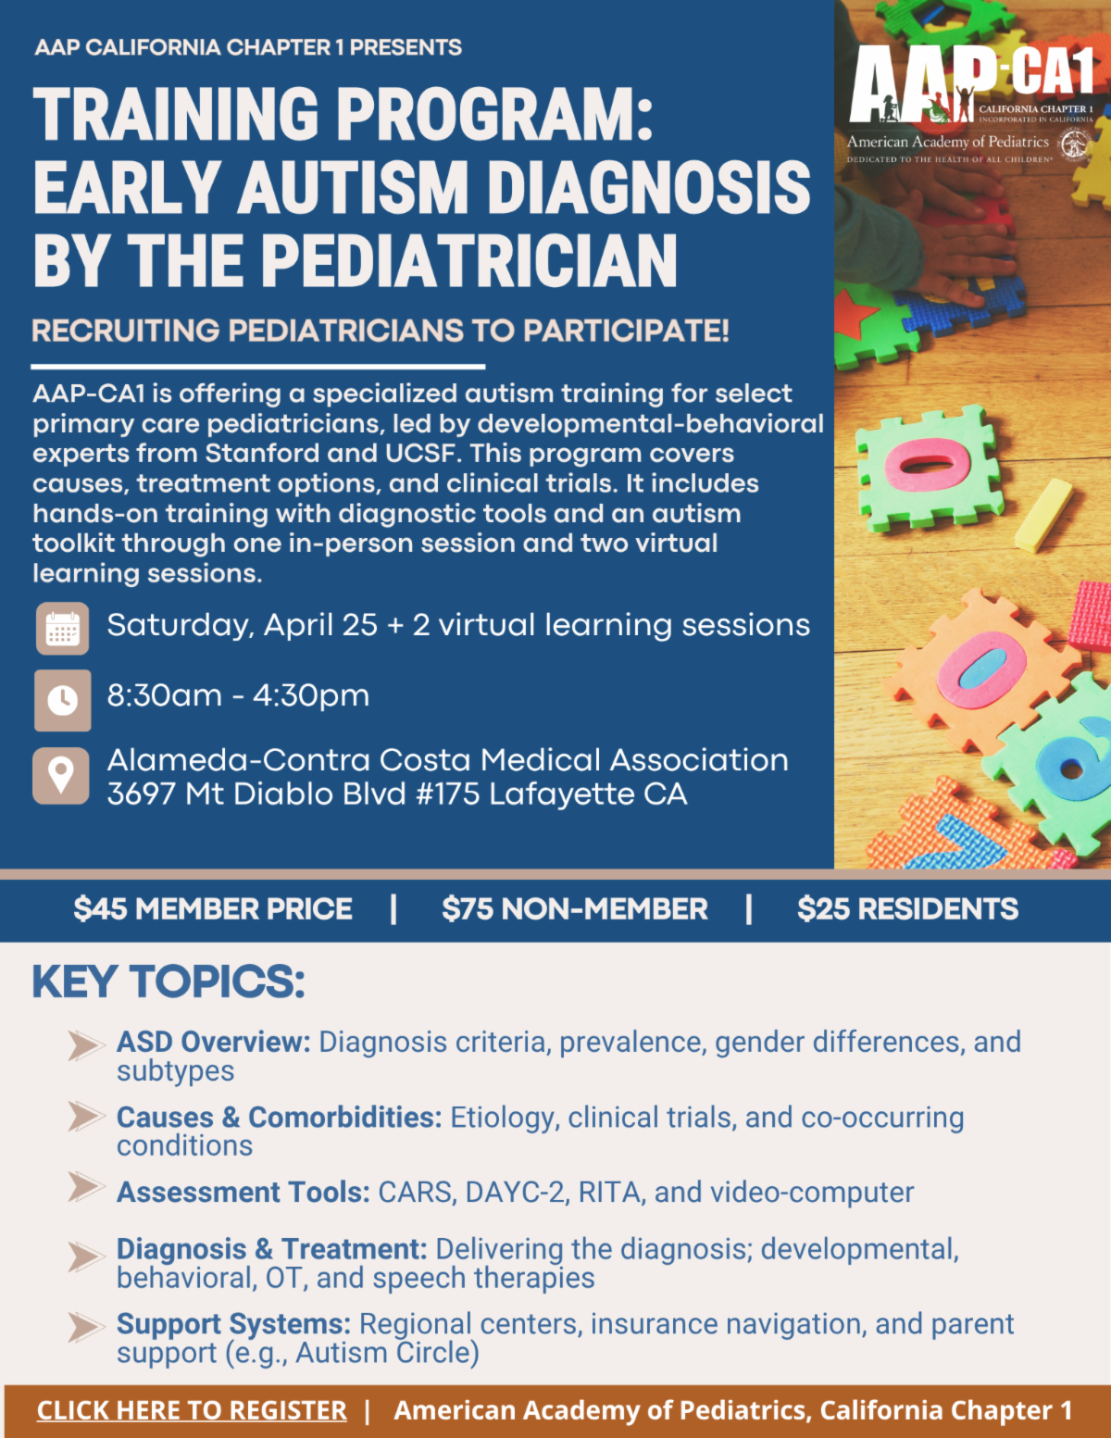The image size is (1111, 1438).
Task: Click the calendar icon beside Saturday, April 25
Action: click(x=62, y=628)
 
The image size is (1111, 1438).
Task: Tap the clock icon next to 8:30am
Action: click(x=62, y=700)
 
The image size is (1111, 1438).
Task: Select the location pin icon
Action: click(x=61, y=776)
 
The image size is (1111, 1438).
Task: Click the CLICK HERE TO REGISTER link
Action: click(x=192, y=1409)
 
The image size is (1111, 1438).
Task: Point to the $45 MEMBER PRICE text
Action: click(x=213, y=908)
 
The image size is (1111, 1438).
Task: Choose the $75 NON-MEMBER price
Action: click(x=574, y=908)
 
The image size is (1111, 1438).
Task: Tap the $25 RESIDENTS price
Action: click(x=908, y=908)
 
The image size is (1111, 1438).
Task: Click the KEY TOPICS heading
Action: click(x=169, y=981)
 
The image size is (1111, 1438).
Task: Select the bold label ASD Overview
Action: click(x=214, y=1042)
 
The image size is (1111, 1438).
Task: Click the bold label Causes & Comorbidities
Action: click(x=280, y=1117)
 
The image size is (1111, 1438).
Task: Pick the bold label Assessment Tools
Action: click(x=243, y=1192)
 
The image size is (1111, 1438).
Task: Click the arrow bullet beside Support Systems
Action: click(x=86, y=1326)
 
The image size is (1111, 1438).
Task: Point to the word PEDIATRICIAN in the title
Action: click(x=469, y=260)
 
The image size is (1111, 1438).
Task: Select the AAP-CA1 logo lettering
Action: click(x=970, y=83)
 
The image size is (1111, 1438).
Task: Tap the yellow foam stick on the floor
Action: click(x=1043, y=515)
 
